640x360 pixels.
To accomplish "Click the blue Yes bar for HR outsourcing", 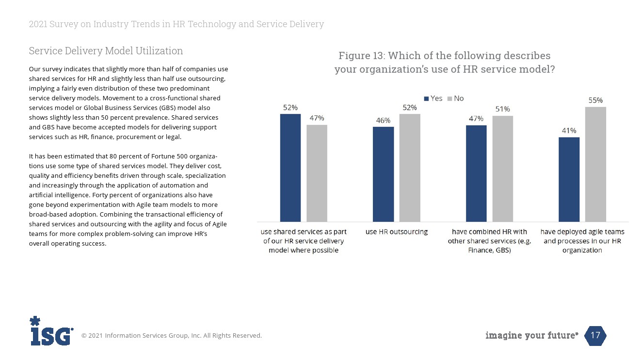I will coord(383,174).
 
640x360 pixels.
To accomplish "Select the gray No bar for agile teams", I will coord(595,164).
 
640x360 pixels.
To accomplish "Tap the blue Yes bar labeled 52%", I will coord(290,168).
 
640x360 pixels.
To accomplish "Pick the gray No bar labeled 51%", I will coord(502,169).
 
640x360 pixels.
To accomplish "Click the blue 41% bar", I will coord(569,180).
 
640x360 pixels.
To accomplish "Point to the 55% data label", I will coord(595,100).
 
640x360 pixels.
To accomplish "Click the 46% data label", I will coord(383,121).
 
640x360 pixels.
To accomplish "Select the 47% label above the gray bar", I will coord(317,118).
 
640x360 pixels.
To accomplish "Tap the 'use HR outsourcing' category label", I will coord(397,232).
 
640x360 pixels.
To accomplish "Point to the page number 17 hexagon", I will coord(595,335).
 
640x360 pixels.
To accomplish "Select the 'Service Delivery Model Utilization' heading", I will coord(106,51).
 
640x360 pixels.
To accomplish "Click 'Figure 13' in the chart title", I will coord(360,55).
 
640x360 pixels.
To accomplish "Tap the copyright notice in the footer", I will coord(171,335).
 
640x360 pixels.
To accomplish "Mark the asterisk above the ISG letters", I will coord(35,321).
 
